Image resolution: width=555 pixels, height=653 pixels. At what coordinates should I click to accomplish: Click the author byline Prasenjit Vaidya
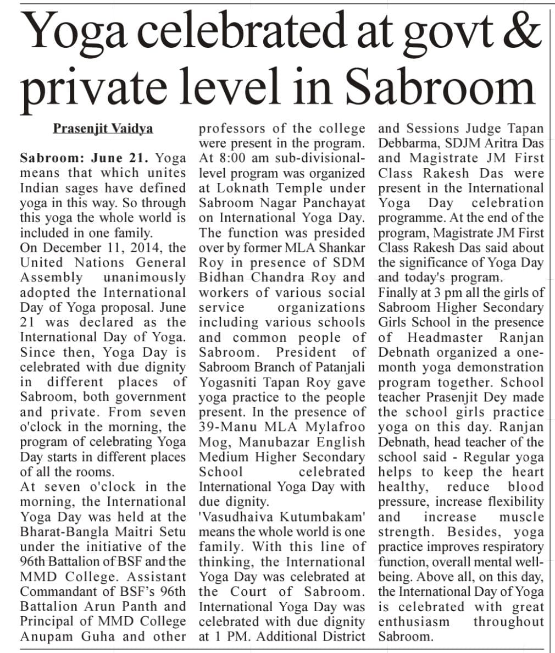coord(103,128)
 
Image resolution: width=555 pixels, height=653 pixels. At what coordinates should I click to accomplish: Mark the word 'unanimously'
coord(145,277)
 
